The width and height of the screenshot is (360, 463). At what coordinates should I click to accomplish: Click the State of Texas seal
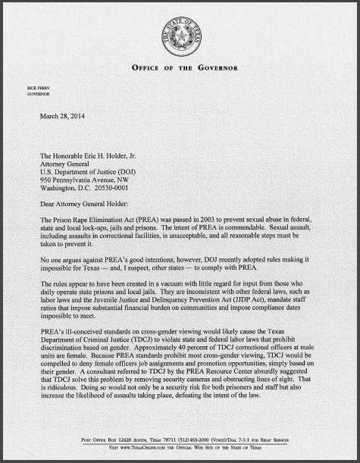180,33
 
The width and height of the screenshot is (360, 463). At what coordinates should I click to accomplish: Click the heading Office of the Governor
180,67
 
